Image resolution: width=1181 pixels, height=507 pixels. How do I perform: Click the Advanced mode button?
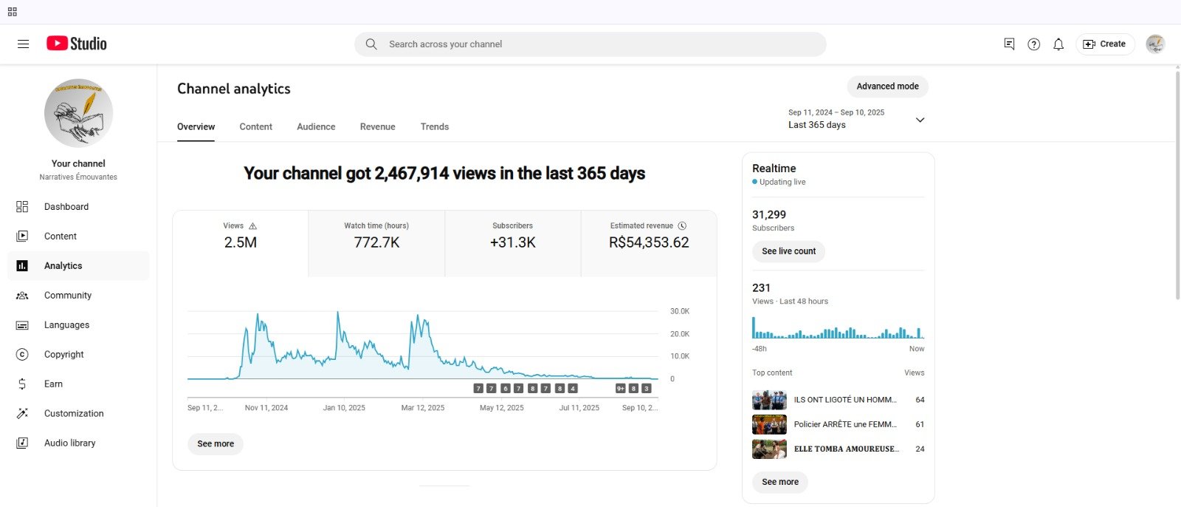click(887, 86)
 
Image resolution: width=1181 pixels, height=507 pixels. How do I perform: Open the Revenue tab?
click(377, 127)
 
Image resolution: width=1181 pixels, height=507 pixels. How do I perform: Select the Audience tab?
click(316, 127)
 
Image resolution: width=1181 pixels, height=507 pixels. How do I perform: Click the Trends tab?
click(435, 127)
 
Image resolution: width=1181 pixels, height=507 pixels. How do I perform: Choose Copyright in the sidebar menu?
click(64, 355)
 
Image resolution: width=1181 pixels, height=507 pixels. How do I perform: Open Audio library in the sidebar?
click(69, 443)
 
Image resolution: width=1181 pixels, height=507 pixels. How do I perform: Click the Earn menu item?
click(53, 384)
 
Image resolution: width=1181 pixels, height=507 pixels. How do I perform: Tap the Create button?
click(1104, 44)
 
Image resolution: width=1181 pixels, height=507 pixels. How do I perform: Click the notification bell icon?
click(1058, 44)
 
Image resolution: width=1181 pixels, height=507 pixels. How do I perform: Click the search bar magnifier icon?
click(371, 44)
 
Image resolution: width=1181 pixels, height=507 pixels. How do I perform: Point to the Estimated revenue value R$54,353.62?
click(649, 243)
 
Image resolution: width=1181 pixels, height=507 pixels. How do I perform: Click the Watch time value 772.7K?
click(376, 243)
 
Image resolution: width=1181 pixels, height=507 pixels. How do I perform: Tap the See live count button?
click(788, 251)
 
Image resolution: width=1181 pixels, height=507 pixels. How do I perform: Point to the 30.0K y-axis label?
click(680, 312)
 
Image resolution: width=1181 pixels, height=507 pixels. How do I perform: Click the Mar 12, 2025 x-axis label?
click(423, 408)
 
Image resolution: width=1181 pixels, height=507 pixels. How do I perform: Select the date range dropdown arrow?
click(920, 120)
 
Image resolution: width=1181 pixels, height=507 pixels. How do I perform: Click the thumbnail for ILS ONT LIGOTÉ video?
click(769, 400)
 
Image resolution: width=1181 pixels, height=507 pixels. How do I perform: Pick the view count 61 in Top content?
click(920, 424)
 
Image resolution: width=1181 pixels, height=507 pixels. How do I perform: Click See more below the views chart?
click(216, 444)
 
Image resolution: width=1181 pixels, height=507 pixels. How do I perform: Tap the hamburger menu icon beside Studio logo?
click(24, 44)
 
